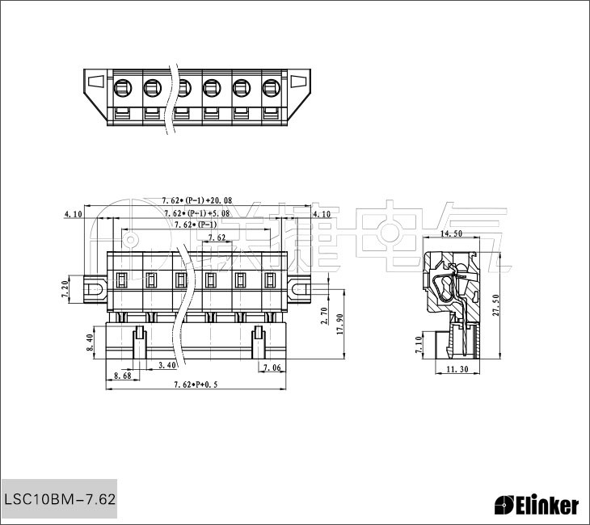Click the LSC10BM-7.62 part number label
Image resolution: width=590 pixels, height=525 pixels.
click(x=60, y=499)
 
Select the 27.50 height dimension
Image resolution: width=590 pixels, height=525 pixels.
click(x=495, y=305)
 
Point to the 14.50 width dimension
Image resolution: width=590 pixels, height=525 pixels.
click(x=451, y=233)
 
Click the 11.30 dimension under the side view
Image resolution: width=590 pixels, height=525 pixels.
click(x=457, y=369)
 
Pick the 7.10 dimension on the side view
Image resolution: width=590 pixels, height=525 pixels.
click(x=419, y=345)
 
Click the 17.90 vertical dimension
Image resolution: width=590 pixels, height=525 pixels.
click(x=340, y=324)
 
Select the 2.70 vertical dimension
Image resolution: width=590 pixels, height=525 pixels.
click(x=325, y=316)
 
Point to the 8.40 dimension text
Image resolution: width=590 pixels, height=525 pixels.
click(x=90, y=342)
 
